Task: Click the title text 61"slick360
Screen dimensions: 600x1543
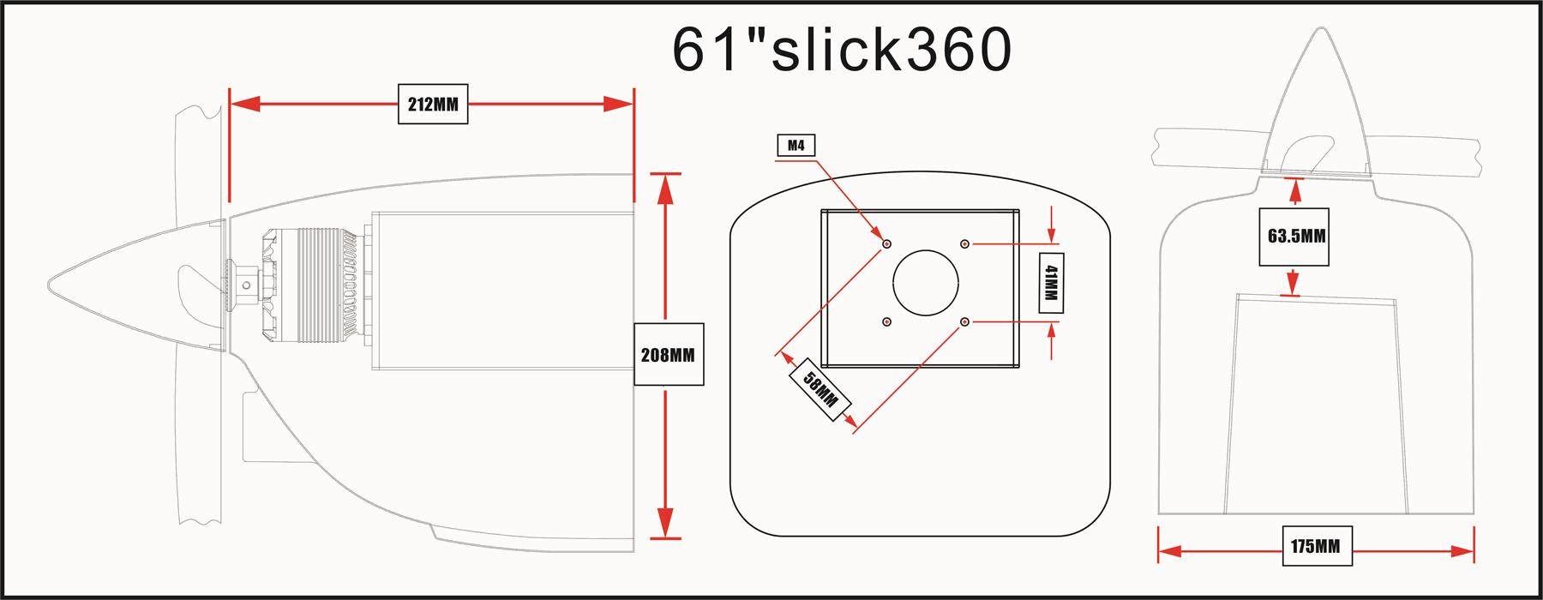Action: (x=841, y=50)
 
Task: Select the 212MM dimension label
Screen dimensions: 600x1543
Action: (x=433, y=105)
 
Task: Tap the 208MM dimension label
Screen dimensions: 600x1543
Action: (x=668, y=354)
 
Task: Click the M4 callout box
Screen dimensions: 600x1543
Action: (x=796, y=146)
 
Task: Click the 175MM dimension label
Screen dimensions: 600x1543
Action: (x=1316, y=545)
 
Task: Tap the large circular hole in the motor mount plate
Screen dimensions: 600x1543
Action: (x=926, y=282)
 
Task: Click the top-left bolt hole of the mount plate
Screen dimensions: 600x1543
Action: (x=886, y=243)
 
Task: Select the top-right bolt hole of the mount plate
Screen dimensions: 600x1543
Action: (x=965, y=243)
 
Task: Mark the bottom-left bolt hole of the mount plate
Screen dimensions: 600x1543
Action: (x=886, y=321)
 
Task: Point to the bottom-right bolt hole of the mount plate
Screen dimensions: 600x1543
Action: (x=965, y=321)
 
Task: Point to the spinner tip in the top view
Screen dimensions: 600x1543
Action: (x=1318, y=31)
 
